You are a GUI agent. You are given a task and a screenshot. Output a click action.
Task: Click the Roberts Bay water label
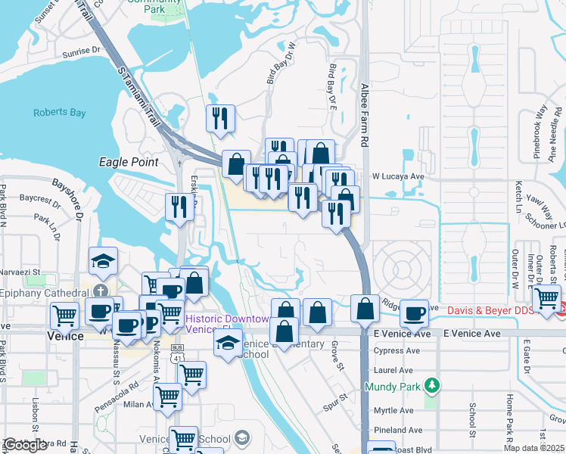[x=60, y=113]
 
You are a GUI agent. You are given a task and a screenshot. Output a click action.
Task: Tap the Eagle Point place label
[x=129, y=162]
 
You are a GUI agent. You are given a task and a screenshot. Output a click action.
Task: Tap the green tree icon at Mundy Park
[x=432, y=387]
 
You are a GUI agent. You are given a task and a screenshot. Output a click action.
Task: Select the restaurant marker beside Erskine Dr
[x=179, y=207]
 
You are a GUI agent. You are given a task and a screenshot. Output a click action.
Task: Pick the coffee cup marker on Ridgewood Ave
[x=413, y=313]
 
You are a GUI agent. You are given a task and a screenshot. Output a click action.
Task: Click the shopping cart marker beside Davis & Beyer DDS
[x=546, y=298]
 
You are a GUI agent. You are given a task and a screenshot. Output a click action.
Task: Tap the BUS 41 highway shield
[x=177, y=353]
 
